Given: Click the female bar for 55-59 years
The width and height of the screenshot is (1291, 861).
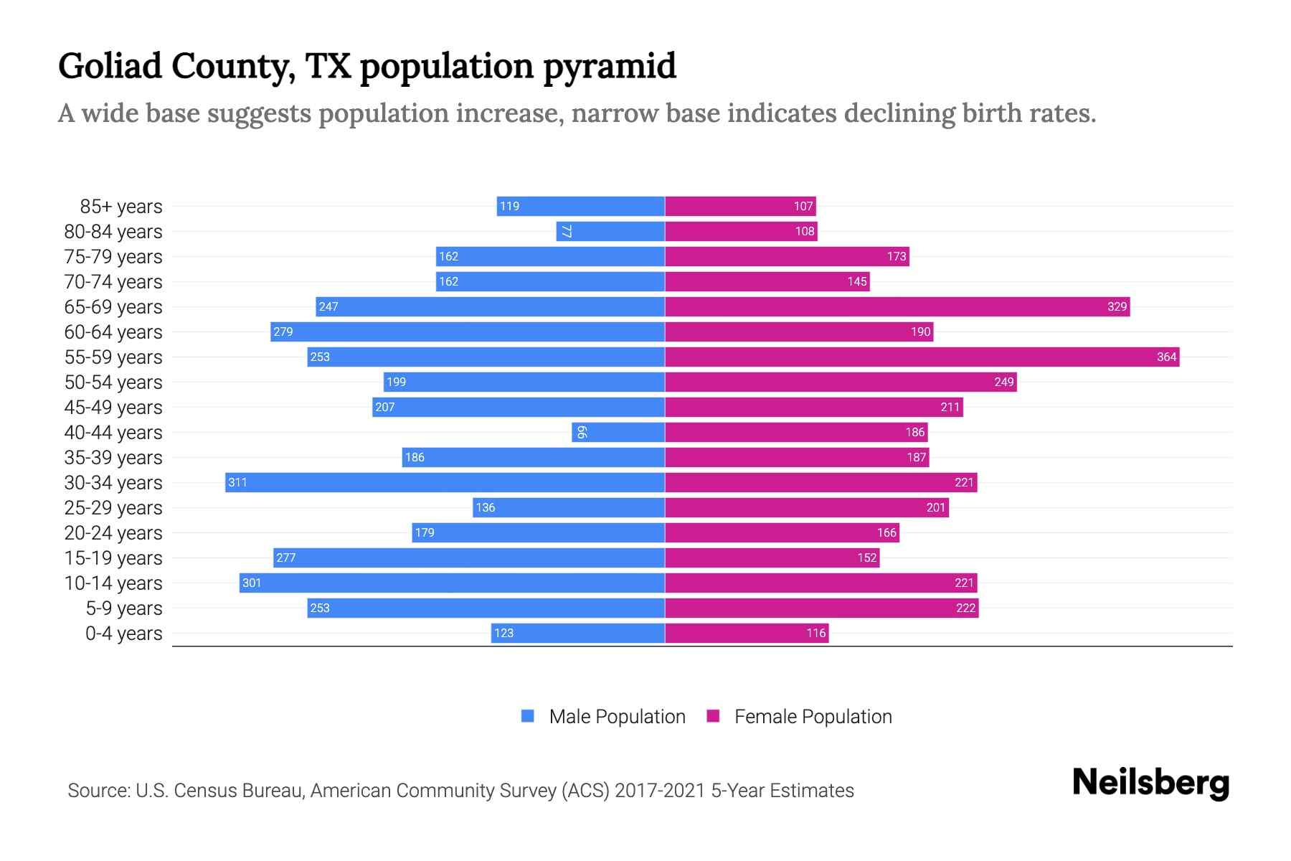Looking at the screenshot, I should coord(922,357).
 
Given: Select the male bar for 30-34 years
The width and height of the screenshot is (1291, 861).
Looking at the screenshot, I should coord(445,482).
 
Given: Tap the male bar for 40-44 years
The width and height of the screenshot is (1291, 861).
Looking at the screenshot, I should coord(618,432).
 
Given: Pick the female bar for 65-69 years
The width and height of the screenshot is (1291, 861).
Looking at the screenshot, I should coord(897,306).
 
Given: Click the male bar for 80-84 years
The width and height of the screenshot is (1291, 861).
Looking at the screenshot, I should coord(610,231).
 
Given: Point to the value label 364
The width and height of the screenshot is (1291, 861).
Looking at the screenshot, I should coord(1166,357).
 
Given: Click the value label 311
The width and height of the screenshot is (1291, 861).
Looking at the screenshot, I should coord(237,482).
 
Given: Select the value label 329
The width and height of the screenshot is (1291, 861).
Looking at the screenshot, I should coord(1117,306).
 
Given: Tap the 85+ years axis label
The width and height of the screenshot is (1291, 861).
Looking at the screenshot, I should coord(121,207).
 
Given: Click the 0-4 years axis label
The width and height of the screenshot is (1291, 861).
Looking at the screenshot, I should coord(123,634).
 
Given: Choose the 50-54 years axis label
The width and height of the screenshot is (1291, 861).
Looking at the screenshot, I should coord(113,382).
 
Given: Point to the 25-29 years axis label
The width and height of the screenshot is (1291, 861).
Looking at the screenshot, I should coord(113,508).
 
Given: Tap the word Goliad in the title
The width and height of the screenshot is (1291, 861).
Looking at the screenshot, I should coord(110,66).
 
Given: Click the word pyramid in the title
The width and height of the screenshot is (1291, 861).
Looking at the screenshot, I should coord(609,67).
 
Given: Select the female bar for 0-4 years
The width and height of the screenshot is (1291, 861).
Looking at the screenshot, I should coord(747,633).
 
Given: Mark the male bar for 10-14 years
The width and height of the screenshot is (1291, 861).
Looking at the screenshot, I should coord(452,583).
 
